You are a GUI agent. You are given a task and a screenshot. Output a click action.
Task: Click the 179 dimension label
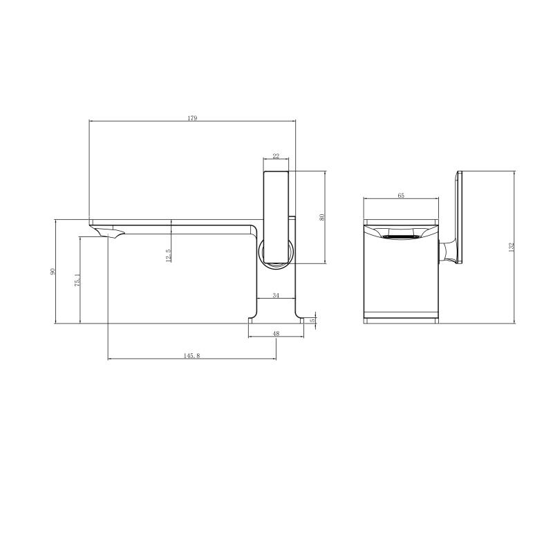(x=192, y=118)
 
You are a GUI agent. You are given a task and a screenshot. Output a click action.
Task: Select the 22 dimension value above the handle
(x=276, y=156)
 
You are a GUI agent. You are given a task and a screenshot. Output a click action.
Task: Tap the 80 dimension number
(x=321, y=217)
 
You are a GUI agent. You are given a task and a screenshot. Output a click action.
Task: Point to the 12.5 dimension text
(x=168, y=255)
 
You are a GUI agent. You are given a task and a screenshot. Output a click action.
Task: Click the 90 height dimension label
(x=53, y=272)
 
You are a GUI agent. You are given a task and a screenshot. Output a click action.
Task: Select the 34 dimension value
(x=276, y=295)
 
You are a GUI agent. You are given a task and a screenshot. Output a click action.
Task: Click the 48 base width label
(x=276, y=333)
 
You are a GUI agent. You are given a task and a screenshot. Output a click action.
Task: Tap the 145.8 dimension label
(x=192, y=356)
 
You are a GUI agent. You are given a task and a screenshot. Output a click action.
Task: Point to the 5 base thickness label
(x=312, y=321)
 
